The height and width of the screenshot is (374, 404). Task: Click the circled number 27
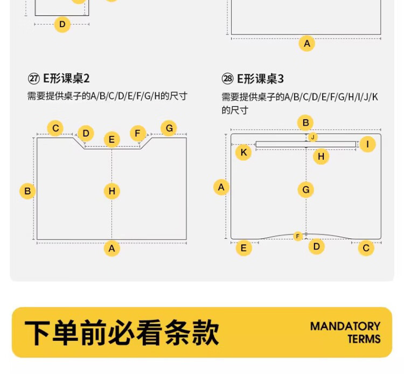(34, 78)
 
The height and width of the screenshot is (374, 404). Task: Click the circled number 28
(227, 79)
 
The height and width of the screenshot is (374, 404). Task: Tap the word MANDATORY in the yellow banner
(345, 327)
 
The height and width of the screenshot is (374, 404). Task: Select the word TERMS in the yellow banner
(364, 339)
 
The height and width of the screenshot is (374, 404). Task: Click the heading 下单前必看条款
(122, 333)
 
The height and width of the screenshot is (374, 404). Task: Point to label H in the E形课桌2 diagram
(112, 191)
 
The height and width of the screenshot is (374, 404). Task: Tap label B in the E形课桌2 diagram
(27, 191)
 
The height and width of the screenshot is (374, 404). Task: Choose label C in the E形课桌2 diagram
(55, 128)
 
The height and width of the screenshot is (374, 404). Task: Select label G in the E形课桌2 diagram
(169, 128)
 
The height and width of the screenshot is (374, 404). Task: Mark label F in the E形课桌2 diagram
(137, 133)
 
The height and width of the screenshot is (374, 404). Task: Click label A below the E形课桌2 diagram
(112, 248)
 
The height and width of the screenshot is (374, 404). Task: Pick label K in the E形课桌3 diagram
(243, 152)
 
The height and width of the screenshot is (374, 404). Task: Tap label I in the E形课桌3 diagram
(367, 144)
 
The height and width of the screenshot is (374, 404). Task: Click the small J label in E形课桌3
(313, 137)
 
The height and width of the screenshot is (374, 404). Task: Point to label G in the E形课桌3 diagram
(306, 190)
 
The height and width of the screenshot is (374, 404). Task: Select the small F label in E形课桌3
(298, 236)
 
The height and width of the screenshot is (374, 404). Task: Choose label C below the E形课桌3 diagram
(366, 248)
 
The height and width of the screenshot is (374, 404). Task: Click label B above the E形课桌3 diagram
(305, 123)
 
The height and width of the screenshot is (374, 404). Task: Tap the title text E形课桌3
(260, 79)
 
